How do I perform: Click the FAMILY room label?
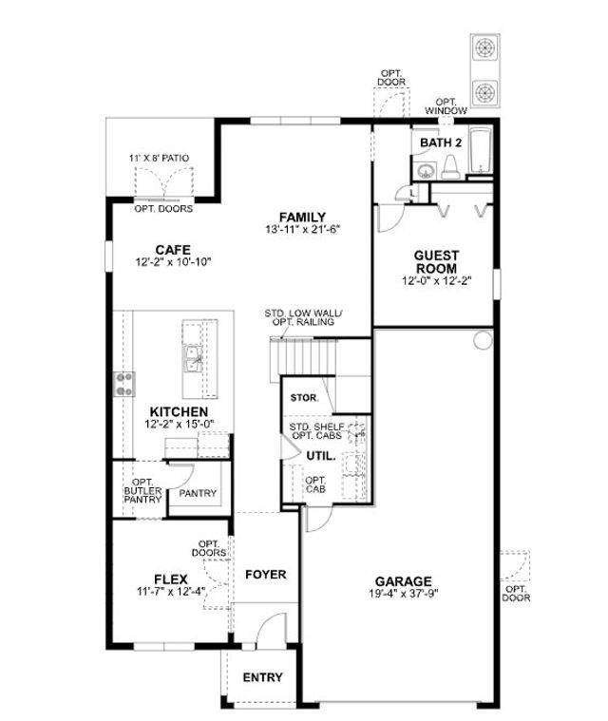tap(303, 217)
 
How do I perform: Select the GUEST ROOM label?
tap(436, 261)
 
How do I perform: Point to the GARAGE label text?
tap(403, 581)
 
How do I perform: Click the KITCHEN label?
tap(171, 412)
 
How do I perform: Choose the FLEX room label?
tap(169, 578)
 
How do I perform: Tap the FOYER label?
tap(266, 575)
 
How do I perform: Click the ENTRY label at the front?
tap(262, 677)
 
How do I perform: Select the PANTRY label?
tap(198, 493)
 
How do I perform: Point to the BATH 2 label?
tap(441, 142)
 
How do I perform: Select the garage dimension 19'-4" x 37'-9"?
tap(403, 595)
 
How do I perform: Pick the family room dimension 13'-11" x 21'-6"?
tap(303, 230)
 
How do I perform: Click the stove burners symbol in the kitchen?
tap(123, 383)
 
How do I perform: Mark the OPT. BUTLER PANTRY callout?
tap(142, 491)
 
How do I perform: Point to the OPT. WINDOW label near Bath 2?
tap(451, 106)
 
